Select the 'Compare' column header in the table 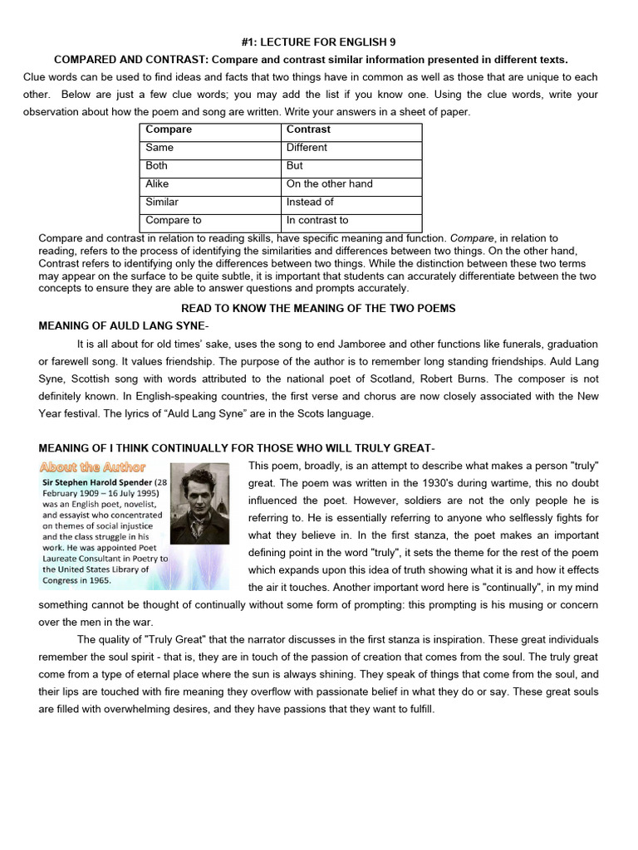(x=169, y=129)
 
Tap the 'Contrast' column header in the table (x=308, y=129)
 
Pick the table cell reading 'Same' (x=159, y=148)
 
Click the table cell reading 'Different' (x=307, y=148)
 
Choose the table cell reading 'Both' (x=157, y=166)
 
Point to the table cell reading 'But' (x=295, y=166)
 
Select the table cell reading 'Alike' (x=157, y=184)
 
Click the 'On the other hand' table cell (x=329, y=184)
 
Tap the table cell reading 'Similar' (x=162, y=203)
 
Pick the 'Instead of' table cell (x=310, y=203)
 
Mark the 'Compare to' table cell (x=173, y=221)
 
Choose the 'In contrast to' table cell (x=317, y=221)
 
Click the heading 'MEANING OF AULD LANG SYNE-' (x=124, y=325)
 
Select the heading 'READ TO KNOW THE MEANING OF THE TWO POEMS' (x=318, y=308)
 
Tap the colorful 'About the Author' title (x=92, y=467)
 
